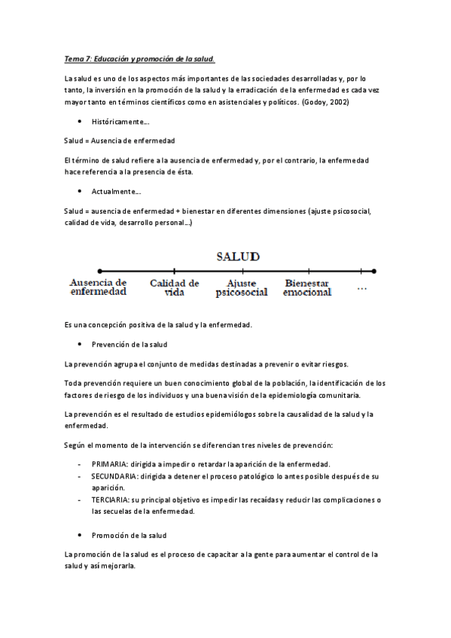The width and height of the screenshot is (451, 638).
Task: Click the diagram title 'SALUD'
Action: (238, 256)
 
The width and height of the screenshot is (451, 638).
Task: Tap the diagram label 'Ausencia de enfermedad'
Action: (98, 287)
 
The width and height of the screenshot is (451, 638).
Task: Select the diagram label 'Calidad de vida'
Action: (174, 287)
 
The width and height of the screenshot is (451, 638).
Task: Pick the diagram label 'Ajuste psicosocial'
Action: (241, 287)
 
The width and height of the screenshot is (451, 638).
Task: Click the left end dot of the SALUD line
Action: (99, 270)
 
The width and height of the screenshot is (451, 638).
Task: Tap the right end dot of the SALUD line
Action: (374, 270)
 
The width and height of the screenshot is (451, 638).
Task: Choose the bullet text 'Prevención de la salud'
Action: (129, 345)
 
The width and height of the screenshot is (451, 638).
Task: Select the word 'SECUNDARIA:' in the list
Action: (114, 478)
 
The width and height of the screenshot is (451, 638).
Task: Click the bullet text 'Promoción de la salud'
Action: (129, 535)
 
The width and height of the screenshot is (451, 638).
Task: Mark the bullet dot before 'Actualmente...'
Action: (79, 192)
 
